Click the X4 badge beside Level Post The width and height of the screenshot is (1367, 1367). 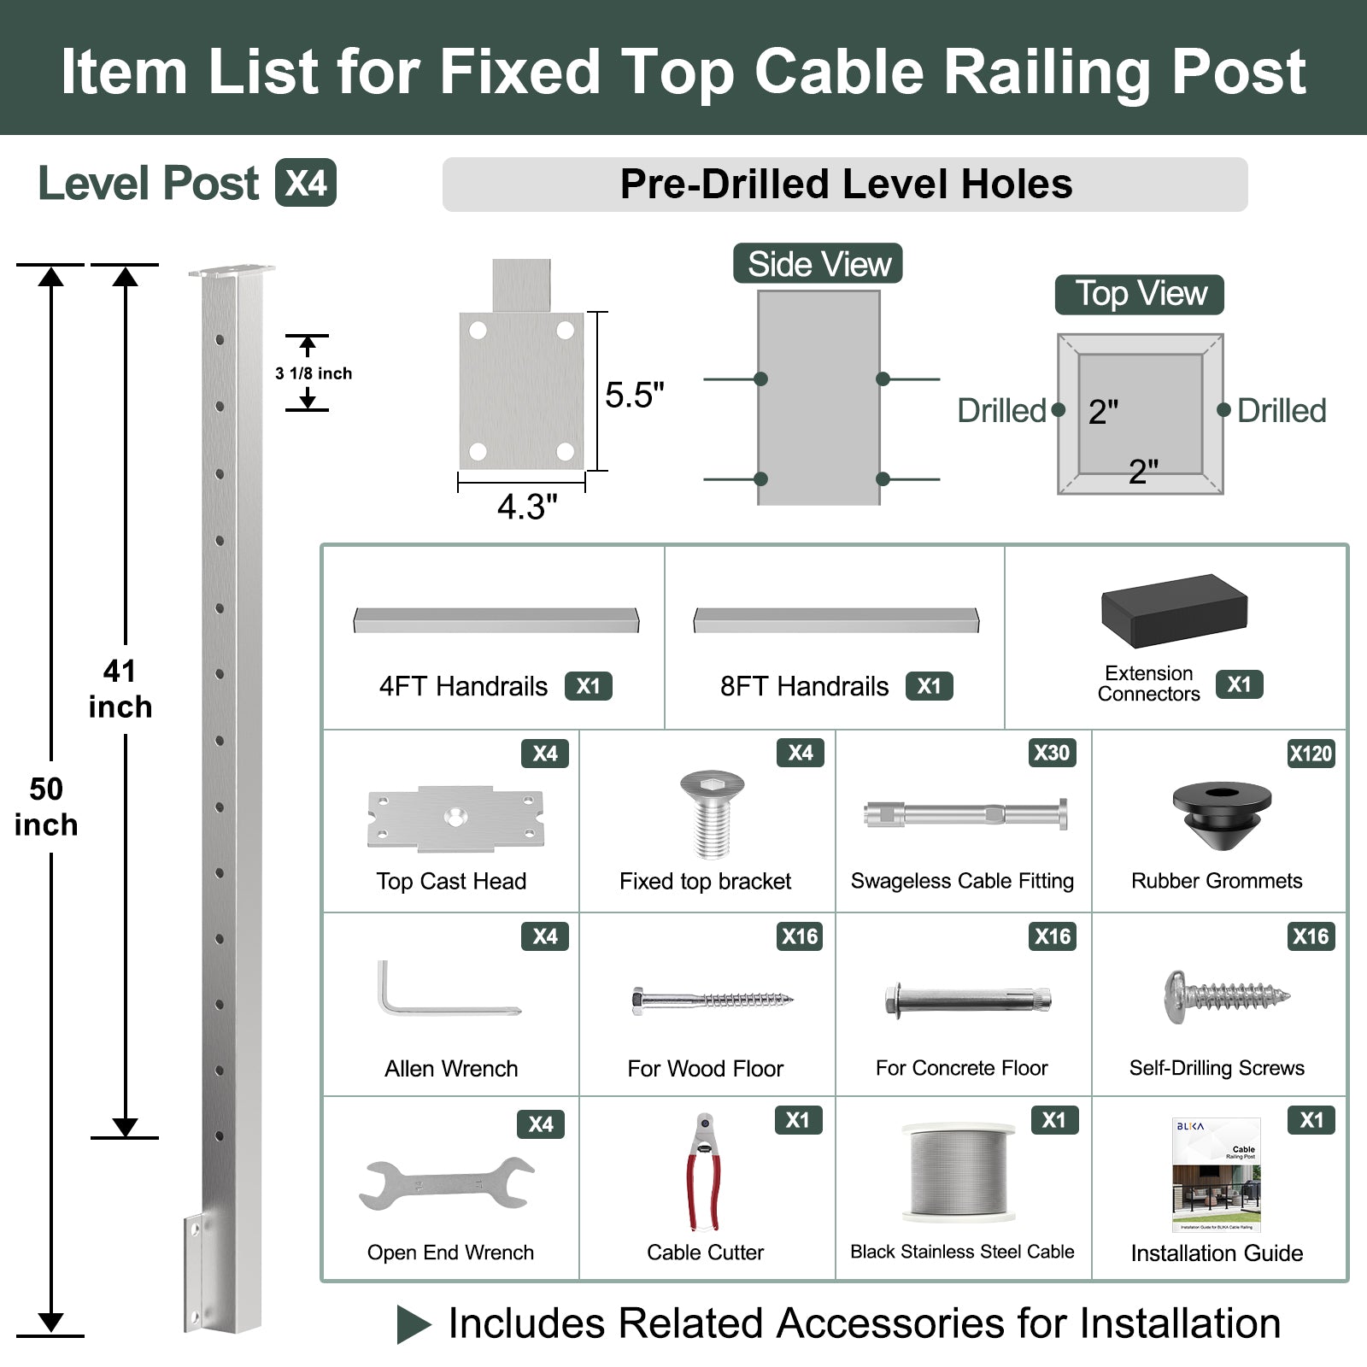[305, 183]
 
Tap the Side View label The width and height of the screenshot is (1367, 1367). [818, 264]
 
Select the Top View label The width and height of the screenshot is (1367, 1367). [1139, 294]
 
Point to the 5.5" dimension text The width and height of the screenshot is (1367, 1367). [634, 395]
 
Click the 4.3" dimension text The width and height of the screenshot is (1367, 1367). [527, 507]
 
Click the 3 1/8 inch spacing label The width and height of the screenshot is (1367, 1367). [314, 373]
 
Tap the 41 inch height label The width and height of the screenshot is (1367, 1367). [120, 689]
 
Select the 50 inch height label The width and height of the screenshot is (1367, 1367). [46, 806]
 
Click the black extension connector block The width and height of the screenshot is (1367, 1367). [1174, 610]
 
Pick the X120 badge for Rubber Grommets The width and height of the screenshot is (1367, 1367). [1311, 754]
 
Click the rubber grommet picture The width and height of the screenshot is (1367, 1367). [1221, 814]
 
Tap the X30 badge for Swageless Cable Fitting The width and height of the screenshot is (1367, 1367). [1051, 753]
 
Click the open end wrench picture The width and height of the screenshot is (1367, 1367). [448, 1184]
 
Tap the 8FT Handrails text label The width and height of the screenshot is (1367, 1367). [804, 686]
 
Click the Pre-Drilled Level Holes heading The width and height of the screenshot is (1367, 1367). [845, 185]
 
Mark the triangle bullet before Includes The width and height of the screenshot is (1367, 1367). [414, 1324]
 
